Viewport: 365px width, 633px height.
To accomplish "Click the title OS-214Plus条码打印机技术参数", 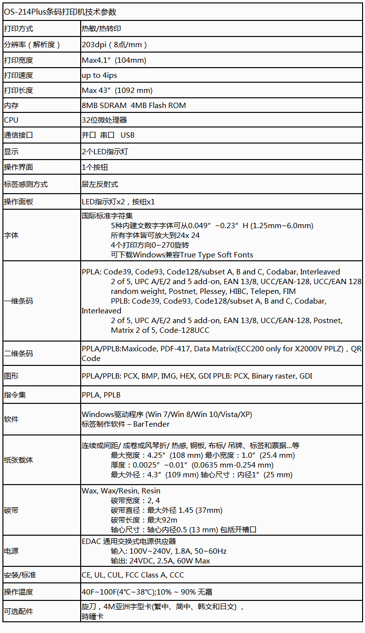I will [60, 12].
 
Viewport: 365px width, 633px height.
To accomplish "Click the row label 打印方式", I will [18, 29].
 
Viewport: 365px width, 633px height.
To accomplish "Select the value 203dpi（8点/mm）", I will [114, 45].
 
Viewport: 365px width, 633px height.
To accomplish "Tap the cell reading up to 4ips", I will [99, 75].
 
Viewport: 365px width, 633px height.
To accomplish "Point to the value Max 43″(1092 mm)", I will [117, 90].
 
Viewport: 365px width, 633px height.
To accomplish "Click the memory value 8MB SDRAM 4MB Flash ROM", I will [134, 106].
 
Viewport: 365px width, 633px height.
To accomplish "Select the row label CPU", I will [11, 120].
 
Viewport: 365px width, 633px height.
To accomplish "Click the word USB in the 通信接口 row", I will [128, 135].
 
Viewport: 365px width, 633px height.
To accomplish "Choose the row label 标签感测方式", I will [26, 184].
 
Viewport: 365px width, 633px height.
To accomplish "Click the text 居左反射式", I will [100, 184].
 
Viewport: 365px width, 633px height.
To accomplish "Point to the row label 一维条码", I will [18, 301].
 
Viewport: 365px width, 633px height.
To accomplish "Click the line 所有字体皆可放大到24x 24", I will [156, 235].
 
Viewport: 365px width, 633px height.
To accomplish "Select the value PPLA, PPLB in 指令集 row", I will [101, 395].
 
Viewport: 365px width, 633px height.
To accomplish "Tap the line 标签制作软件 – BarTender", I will [125, 424].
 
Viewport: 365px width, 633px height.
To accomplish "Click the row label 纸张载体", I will [18, 460].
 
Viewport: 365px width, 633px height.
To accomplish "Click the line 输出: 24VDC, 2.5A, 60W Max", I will [160, 561].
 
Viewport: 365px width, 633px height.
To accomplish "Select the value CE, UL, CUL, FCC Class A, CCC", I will [133, 575].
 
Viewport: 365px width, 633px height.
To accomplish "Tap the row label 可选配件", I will [18, 612].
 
